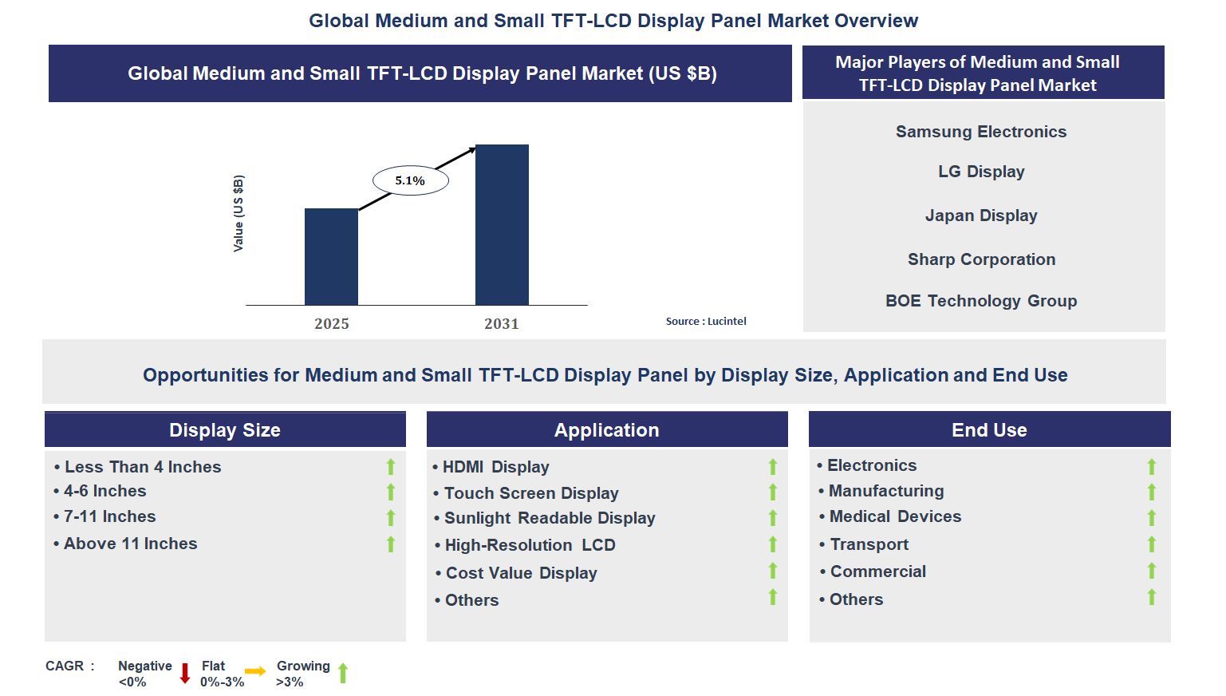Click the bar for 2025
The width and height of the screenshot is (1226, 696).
(x=331, y=256)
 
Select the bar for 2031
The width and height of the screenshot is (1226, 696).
(x=502, y=224)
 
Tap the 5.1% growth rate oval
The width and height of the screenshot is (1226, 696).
(x=410, y=180)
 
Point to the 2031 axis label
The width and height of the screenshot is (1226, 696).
(x=502, y=323)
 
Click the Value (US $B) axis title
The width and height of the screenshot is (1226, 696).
(x=238, y=213)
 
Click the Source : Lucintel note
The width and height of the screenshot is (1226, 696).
(x=706, y=321)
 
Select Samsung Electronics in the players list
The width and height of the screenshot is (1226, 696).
(x=980, y=132)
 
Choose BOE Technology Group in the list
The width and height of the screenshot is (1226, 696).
(x=980, y=301)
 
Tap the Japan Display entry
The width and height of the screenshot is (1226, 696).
(x=980, y=216)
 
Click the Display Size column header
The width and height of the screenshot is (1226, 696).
(x=225, y=429)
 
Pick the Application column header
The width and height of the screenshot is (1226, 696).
(x=607, y=429)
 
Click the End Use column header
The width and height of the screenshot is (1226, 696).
(x=989, y=429)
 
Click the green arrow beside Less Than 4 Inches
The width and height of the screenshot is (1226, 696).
(x=391, y=467)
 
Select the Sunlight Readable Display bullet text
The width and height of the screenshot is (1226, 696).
(x=550, y=518)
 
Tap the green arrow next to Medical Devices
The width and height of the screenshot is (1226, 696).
(x=1151, y=518)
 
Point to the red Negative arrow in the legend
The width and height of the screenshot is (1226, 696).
(x=185, y=673)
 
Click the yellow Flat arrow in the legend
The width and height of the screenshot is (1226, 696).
(x=255, y=671)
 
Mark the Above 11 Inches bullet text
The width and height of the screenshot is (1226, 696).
(x=130, y=544)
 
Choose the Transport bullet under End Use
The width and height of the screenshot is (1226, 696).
(x=869, y=544)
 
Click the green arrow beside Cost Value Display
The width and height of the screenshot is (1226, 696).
(x=772, y=571)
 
